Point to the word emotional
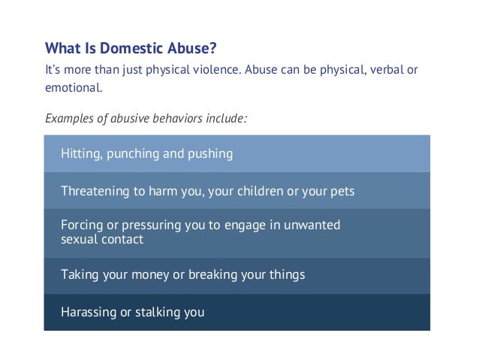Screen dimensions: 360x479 coord(72,88)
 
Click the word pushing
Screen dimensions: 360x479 coord(209,154)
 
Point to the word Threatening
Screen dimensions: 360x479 coord(95,192)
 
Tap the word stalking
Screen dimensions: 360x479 coord(157,311)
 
